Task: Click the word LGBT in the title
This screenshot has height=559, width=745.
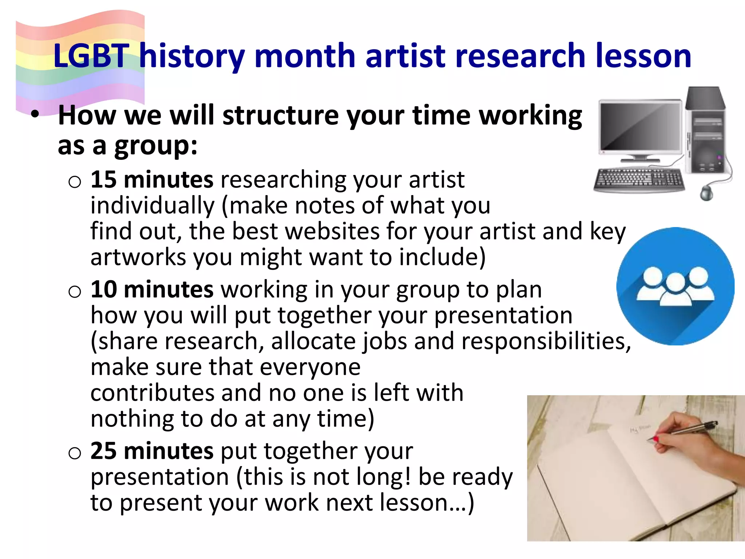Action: (91, 56)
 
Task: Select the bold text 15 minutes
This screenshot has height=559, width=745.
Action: (152, 180)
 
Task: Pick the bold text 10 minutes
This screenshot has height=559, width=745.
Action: (152, 290)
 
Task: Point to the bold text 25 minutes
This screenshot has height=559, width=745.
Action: (152, 451)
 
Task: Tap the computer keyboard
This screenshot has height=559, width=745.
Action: (639, 180)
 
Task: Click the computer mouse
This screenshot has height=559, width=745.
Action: (706, 193)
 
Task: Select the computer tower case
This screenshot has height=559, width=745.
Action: (706, 135)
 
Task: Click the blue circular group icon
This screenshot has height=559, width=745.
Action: (675, 286)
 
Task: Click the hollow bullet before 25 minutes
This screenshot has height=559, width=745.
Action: (75, 453)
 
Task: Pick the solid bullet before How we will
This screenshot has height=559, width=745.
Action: (35, 114)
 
